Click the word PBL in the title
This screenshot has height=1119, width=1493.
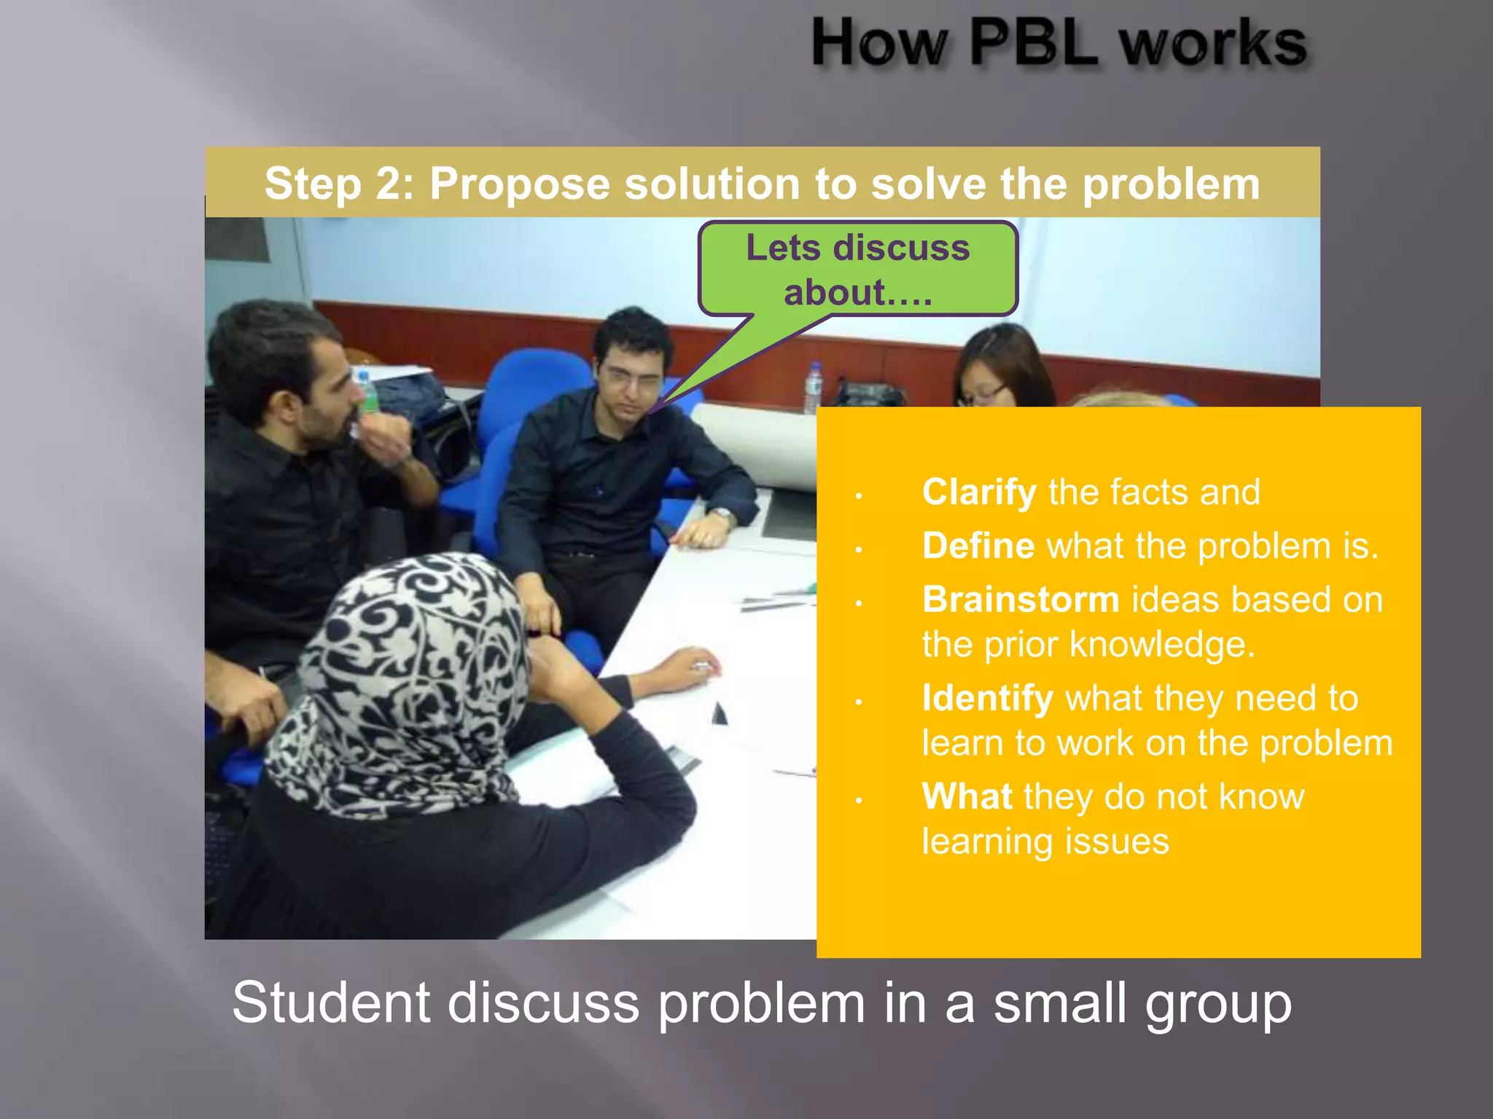1033,44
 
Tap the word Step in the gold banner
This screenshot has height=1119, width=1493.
312,184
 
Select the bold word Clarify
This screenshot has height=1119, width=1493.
978,492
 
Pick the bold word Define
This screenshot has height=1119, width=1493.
978,546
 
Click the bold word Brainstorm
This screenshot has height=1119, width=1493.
1020,600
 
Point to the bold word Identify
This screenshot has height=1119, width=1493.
987,698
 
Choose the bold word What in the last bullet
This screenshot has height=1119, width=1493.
966,796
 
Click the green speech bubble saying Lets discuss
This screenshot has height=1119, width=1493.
857,270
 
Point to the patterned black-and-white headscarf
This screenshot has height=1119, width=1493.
408,678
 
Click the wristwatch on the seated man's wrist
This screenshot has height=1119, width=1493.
723,516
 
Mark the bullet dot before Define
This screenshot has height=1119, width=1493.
859,550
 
